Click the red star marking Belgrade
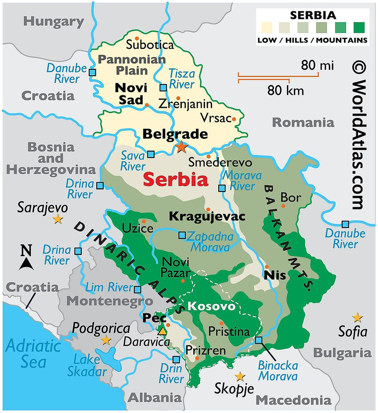(181, 147)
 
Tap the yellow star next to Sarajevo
(58, 219)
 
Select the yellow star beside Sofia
(357, 317)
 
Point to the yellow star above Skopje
(241, 376)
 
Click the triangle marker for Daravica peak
(163, 331)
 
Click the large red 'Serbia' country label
(175, 180)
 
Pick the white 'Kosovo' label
(211, 306)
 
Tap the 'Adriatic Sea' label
(33, 354)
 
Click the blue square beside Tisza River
(163, 88)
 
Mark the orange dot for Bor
(283, 206)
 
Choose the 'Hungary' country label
(54, 21)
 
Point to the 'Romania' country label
(303, 123)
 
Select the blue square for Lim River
(137, 289)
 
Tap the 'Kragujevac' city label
(207, 217)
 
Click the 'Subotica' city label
(150, 45)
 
